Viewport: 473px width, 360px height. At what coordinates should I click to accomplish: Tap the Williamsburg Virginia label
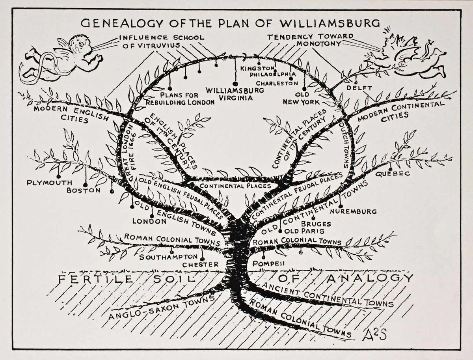point(235,94)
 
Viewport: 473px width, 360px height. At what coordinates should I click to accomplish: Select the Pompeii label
point(268,263)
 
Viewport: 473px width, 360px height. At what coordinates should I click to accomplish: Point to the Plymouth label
point(49,183)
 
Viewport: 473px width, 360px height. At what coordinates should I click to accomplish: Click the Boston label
point(84,190)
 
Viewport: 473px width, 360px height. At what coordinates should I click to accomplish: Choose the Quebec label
point(393,173)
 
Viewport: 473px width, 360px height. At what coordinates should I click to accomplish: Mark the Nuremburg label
point(354,211)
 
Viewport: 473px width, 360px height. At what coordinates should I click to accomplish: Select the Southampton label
point(168,257)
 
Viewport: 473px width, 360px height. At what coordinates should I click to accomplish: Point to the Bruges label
point(316,224)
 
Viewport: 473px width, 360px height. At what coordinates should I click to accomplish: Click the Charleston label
point(277,83)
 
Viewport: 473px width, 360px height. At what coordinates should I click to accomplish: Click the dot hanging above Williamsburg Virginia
point(235,84)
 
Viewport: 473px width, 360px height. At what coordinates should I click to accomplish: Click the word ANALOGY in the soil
point(369,278)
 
